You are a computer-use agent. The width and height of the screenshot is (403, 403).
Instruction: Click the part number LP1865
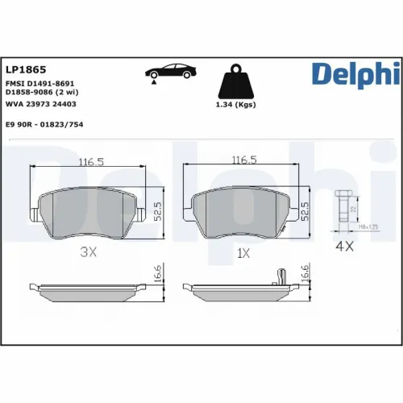pyautogui.click(x=26, y=69)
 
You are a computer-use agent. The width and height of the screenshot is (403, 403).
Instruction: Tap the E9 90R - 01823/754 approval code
pyautogui.click(x=44, y=125)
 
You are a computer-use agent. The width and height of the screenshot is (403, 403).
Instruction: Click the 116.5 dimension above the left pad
pyautogui.click(x=90, y=161)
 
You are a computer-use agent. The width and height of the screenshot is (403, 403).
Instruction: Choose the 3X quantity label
pyautogui.click(x=89, y=252)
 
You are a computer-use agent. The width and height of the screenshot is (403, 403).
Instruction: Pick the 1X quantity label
pyautogui.click(x=243, y=252)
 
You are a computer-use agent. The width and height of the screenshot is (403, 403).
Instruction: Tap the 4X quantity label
pyautogui.click(x=345, y=247)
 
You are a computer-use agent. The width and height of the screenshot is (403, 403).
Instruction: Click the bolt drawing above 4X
pyautogui.click(x=342, y=208)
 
